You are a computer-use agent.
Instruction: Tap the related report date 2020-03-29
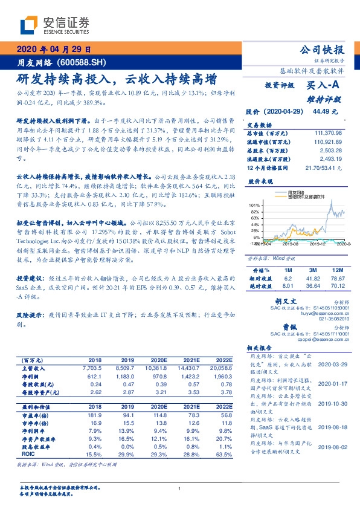(x=333, y=365)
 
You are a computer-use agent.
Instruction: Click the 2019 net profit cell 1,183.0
(x=127, y=375)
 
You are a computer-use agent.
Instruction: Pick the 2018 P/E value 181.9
(x=94, y=415)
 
